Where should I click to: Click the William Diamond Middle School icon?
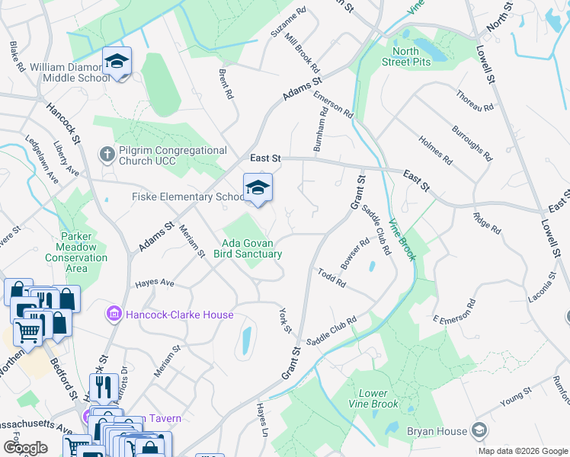pyautogui.click(x=117, y=60)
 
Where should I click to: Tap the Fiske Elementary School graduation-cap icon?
pyautogui.click(x=258, y=188)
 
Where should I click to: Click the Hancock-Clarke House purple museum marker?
pyautogui.click(x=114, y=313)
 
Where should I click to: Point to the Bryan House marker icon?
pyautogui.click(x=479, y=430)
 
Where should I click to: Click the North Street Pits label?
pyautogui.click(x=405, y=57)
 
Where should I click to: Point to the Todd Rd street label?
pyautogui.click(x=332, y=277)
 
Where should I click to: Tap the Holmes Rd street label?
pyautogui.click(x=435, y=151)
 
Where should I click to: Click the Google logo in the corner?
pyautogui.click(x=25, y=447)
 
